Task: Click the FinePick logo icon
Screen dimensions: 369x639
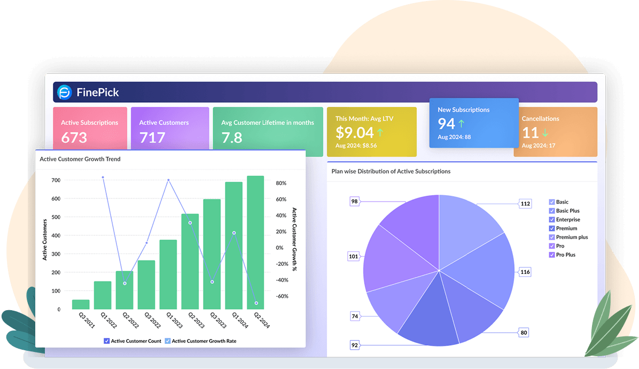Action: pyautogui.click(x=65, y=93)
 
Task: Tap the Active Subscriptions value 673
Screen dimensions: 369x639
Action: pyautogui.click(x=74, y=137)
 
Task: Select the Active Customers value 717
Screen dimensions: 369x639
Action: pyautogui.click(x=152, y=137)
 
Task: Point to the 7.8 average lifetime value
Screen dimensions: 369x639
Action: pyautogui.click(x=232, y=137)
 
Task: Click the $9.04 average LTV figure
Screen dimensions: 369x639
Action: pyautogui.click(x=354, y=133)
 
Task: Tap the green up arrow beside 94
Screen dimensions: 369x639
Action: pyautogui.click(x=462, y=124)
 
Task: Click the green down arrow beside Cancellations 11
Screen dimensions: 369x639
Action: pyautogui.click(x=545, y=133)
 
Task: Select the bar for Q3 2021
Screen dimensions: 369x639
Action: pyautogui.click(x=81, y=304)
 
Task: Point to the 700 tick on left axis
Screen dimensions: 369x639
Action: pyautogui.click(x=56, y=180)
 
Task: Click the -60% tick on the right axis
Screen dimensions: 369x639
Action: pyautogui.click(x=282, y=296)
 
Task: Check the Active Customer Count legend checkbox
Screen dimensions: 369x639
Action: pyautogui.click(x=107, y=341)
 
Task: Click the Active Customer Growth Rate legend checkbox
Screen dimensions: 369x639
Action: pyautogui.click(x=168, y=341)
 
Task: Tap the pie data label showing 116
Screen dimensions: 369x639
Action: pyautogui.click(x=525, y=272)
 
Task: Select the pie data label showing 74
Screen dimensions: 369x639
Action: pyautogui.click(x=354, y=316)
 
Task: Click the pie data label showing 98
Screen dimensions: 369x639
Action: pyautogui.click(x=354, y=202)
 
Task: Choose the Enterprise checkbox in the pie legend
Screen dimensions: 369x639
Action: pyautogui.click(x=552, y=220)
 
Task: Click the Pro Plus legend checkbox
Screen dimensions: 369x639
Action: pyautogui.click(x=552, y=255)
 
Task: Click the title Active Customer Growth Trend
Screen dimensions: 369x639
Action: pyautogui.click(x=80, y=159)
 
